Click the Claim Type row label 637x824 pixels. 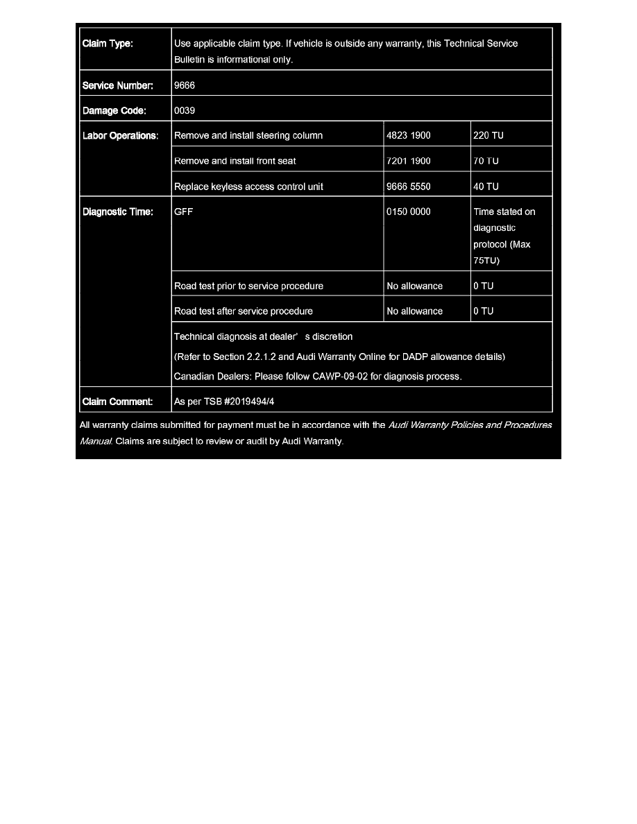[108, 44]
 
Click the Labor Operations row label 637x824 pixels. [120, 136]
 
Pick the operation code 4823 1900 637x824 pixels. [408, 136]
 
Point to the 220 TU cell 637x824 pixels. [488, 136]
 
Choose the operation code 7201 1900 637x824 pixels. [408, 161]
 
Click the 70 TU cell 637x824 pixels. [486, 161]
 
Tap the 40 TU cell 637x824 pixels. [486, 187]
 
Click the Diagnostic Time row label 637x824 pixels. [117, 212]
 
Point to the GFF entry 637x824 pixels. [183, 212]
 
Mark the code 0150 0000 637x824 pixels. [408, 212]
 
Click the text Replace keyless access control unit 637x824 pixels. [248, 187]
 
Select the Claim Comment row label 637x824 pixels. [117, 402]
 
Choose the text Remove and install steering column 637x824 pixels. [248, 136]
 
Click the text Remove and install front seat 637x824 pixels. [235, 161]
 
